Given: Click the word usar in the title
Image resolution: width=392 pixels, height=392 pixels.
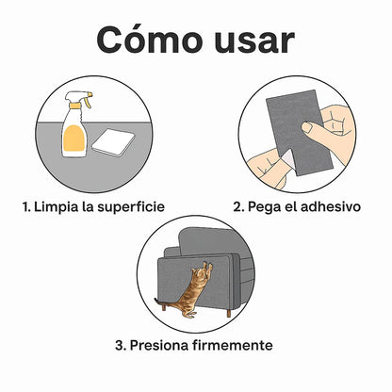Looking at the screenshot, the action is click(x=254, y=41).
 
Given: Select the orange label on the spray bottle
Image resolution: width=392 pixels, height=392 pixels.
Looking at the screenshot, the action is click(x=74, y=138).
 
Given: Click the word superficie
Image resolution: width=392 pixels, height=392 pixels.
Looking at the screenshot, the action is click(x=131, y=207).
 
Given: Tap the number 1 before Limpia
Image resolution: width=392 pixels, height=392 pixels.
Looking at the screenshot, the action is click(x=26, y=207).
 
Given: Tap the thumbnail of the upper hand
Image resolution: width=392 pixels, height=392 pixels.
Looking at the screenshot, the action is click(x=307, y=127).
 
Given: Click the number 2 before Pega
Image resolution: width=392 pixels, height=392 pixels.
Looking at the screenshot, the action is click(x=238, y=207).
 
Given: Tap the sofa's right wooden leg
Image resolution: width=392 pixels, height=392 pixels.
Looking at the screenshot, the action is click(x=229, y=313).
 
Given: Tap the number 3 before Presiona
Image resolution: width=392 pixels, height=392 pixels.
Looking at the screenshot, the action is click(x=121, y=346).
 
